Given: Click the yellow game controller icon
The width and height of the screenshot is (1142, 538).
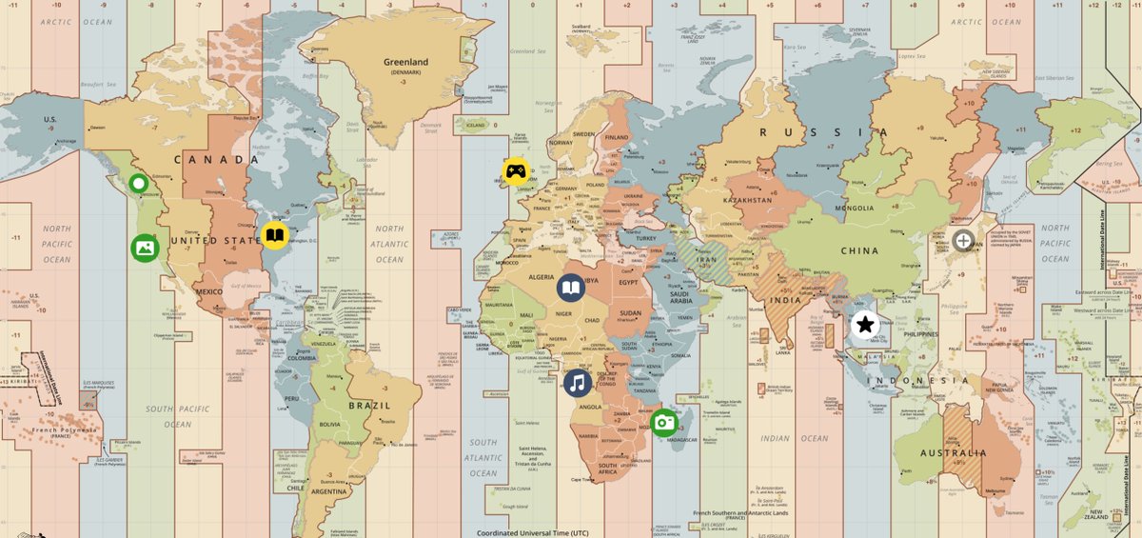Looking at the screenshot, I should [x=516, y=171].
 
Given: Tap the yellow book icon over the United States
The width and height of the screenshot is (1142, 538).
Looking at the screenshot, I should [x=274, y=235].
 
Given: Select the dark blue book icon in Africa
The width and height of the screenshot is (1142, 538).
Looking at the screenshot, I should [x=571, y=289].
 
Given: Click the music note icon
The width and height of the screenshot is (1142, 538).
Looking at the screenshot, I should [x=577, y=384].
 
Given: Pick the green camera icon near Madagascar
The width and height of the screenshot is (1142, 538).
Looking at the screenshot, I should [x=664, y=422].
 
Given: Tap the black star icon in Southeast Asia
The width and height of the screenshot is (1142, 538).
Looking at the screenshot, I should [x=865, y=325].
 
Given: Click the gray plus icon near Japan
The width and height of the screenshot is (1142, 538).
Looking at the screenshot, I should [x=963, y=241].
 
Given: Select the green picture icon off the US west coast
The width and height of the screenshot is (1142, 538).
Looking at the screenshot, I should [x=145, y=249].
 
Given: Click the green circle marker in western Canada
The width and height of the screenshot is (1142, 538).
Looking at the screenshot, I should [x=139, y=184].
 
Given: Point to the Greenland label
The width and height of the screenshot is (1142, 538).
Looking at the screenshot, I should [x=406, y=63].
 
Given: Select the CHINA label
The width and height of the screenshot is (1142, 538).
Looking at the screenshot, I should [x=859, y=251].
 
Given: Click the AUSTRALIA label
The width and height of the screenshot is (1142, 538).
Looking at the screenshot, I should [x=953, y=453].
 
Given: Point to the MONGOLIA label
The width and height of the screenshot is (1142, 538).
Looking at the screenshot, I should [x=854, y=208].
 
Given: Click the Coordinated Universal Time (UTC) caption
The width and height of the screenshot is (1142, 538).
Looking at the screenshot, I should [x=539, y=533].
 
